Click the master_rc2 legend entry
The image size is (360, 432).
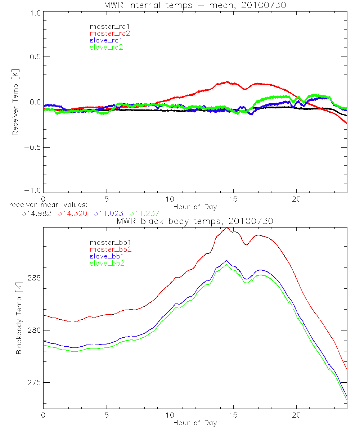110,33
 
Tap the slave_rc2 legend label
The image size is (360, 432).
106,47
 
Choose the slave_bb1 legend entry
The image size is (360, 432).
107,256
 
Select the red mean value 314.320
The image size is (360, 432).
72,213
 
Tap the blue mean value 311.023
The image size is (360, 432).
109,213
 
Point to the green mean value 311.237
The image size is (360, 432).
145,213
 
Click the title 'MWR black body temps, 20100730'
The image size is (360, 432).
195,221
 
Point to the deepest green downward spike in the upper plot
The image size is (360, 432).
260,135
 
